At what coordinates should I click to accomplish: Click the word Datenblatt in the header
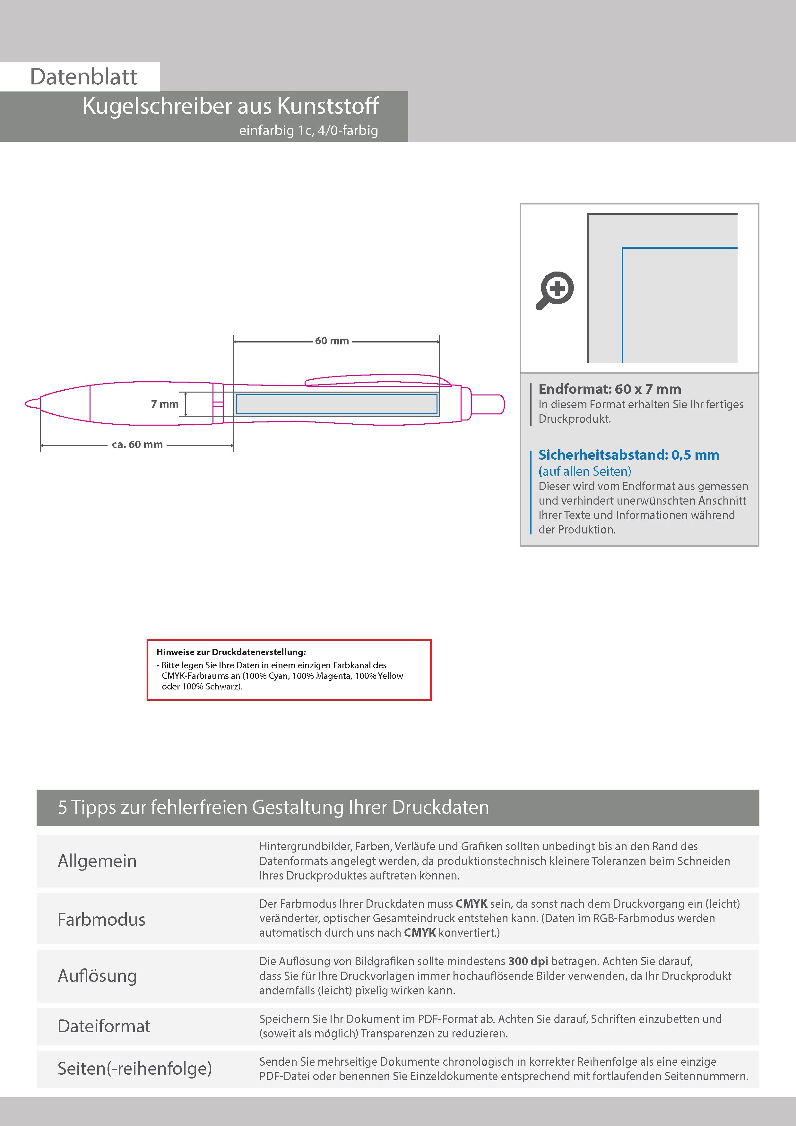[83, 76]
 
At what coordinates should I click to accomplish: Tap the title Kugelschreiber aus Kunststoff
[230, 106]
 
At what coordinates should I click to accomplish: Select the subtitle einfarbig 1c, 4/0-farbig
[308, 130]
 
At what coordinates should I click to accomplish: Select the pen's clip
[378, 381]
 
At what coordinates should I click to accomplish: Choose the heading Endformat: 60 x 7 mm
[610, 389]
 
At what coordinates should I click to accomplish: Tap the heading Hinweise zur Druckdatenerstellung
[231, 652]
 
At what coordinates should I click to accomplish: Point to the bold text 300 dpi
[528, 961]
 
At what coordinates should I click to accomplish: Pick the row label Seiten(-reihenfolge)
[134, 1069]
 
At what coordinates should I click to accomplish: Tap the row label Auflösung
[97, 976]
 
